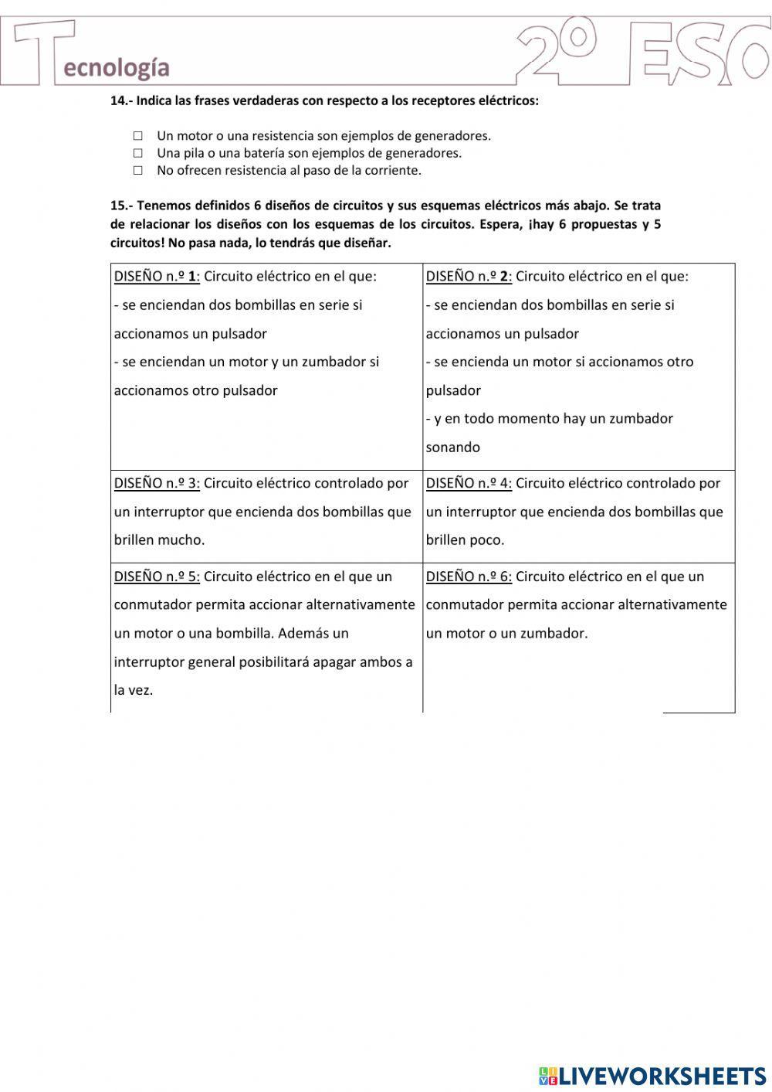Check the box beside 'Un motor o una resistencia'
point(137,136)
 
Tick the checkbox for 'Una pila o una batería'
point(137,153)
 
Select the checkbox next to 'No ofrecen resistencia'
point(137,171)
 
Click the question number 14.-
point(121,100)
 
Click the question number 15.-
point(121,206)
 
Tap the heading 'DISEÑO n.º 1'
point(157,277)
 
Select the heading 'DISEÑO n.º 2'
point(469,277)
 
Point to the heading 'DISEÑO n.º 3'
point(157,483)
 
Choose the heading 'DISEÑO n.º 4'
point(469,483)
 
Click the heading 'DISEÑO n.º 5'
point(157,577)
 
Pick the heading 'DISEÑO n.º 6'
point(469,577)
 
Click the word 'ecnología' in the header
point(117,68)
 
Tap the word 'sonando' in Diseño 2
point(453,447)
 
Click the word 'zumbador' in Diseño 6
point(554,634)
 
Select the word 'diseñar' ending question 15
point(366,243)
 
